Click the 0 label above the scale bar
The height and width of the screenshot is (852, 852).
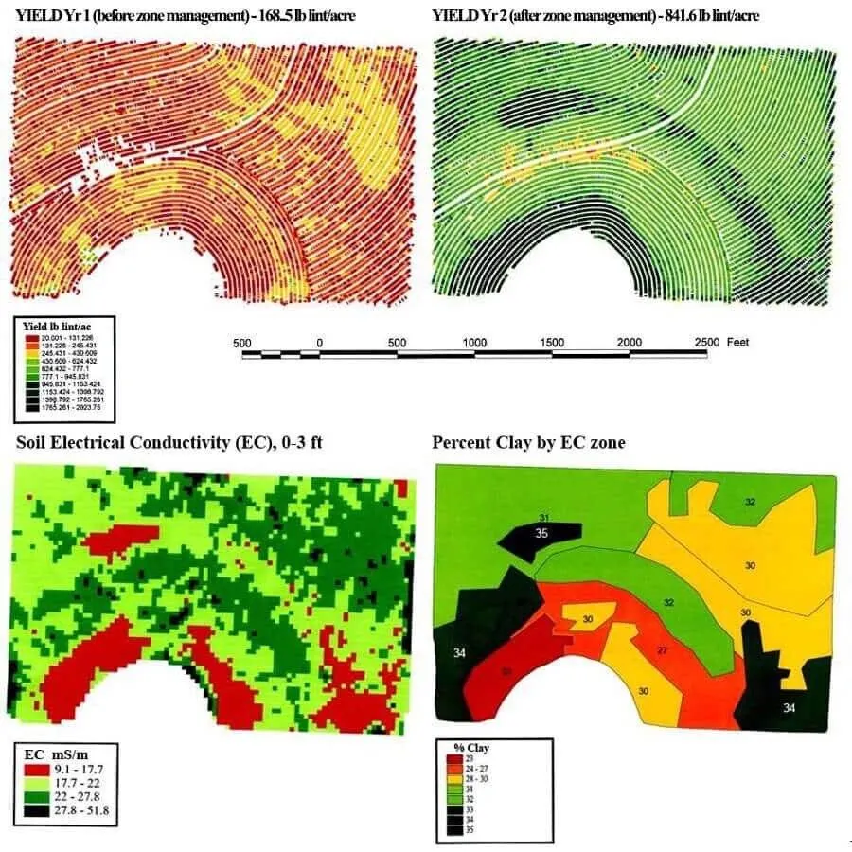coord(319,342)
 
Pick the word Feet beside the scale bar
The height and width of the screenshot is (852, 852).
coord(738,342)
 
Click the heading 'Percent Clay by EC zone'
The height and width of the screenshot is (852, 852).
coord(528,442)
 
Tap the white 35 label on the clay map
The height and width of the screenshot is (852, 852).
coord(541,533)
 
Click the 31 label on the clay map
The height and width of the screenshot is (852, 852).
coord(543,517)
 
